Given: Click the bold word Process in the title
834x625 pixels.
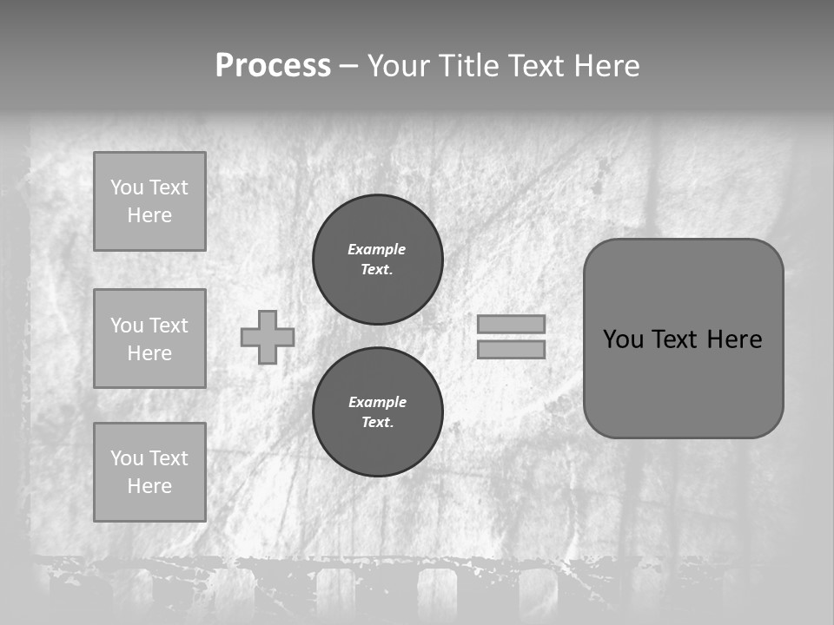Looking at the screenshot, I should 273,66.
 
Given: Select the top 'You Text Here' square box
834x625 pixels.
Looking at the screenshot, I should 149,201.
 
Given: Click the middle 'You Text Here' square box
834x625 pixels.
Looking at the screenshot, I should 149,339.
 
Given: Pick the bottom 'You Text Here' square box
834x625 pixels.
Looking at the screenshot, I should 149,472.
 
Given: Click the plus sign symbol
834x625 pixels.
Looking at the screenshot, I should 268,337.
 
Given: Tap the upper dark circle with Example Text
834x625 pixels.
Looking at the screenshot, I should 377,260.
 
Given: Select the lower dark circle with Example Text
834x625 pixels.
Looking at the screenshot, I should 377,412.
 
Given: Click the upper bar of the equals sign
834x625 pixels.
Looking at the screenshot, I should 511,324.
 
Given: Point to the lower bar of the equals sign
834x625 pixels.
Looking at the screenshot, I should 511,349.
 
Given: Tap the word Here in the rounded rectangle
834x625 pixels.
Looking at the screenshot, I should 734,339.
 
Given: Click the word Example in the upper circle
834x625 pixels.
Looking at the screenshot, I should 377,249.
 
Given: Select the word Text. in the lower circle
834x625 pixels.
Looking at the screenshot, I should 377,423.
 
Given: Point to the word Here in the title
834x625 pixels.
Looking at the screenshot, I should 605,66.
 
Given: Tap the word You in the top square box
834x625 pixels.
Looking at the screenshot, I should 126,187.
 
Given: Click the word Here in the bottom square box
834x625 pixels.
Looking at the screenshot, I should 149,486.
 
